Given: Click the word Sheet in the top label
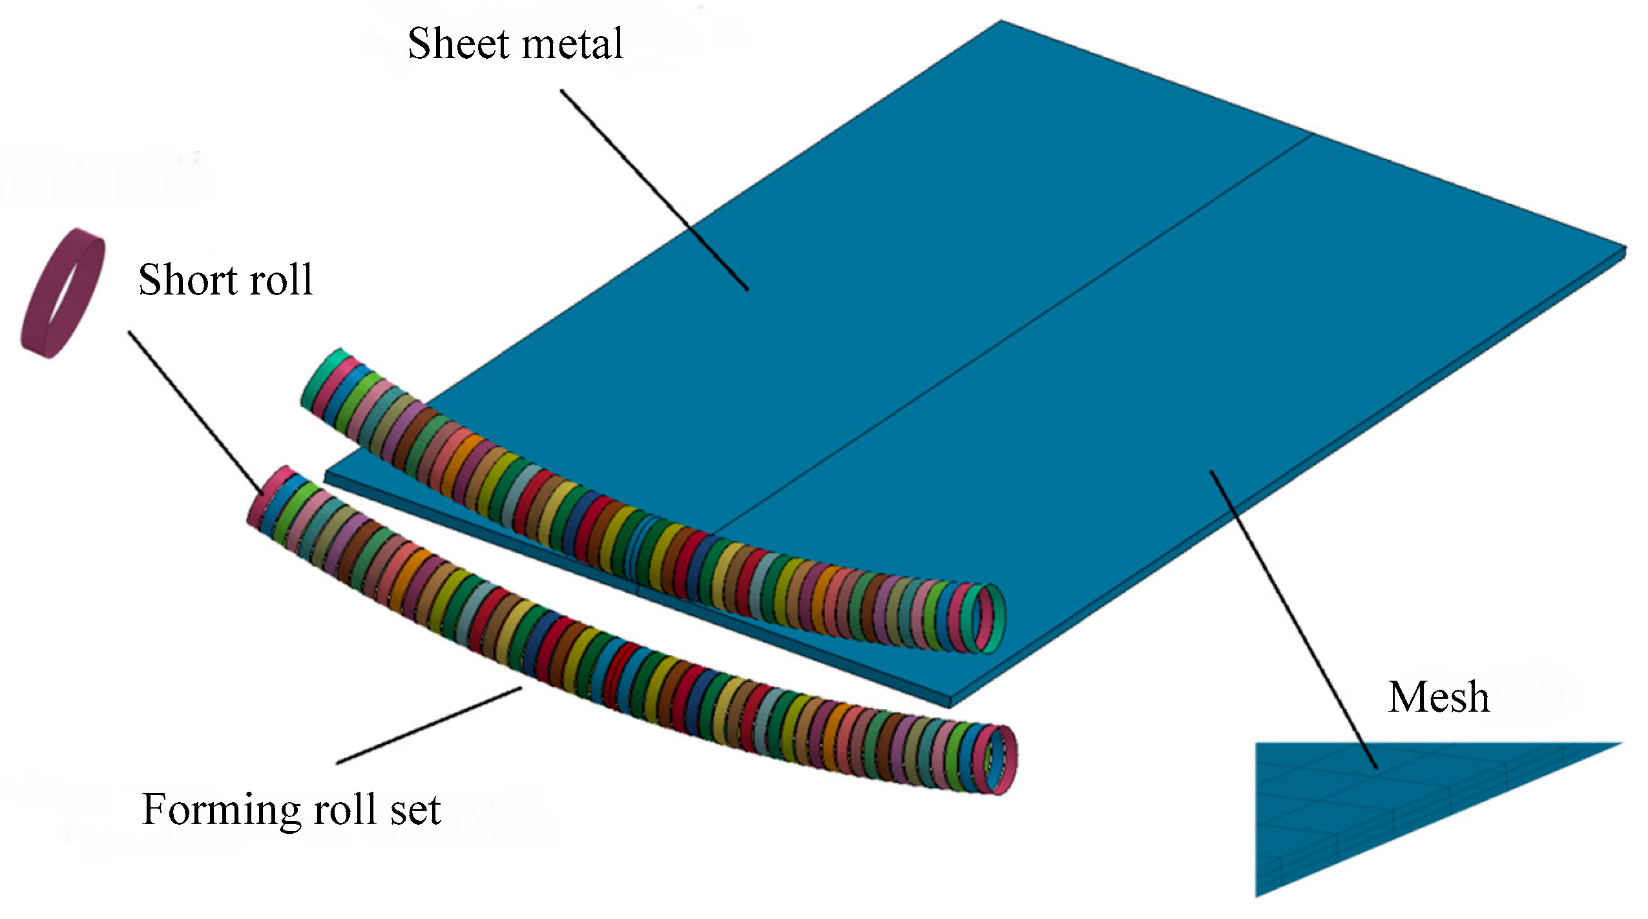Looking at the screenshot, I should pyautogui.click(x=457, y=44).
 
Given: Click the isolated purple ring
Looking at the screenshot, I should pyautogui.click(x=63, y=294).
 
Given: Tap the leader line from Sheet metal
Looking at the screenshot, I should pyautogui.click(x=652, y=187).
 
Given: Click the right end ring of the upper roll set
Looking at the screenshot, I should pyautogui.click(x=989, y=618).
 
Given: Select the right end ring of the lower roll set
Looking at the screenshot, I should pyautogui.click(x=1002, y=759).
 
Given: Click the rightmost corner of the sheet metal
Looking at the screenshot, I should pyautogui.click(x=1623, y=249).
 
